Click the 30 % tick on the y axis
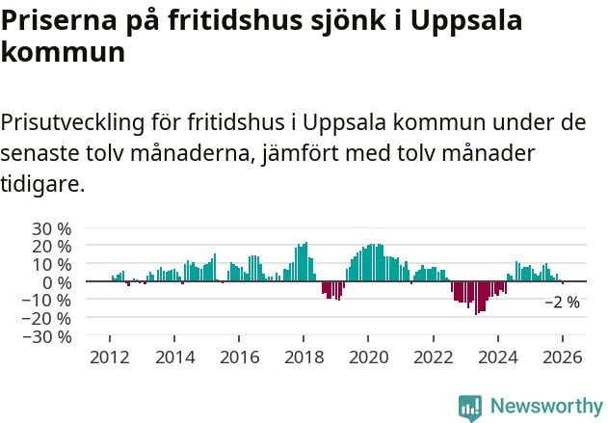52,228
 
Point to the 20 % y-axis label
52,247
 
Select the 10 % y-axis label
52,264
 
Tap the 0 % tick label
57,282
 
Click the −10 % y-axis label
47,300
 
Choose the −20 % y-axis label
47,318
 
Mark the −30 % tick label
47,336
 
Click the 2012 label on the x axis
110,357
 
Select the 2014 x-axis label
174,357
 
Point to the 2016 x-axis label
239,357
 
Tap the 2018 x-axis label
304,357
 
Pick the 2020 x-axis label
368,357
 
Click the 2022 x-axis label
433,357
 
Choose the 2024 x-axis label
497,357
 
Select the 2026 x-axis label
562,357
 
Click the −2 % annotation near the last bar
562,303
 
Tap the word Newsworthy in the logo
545,407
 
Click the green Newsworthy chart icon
470,408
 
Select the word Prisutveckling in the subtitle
73,123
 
